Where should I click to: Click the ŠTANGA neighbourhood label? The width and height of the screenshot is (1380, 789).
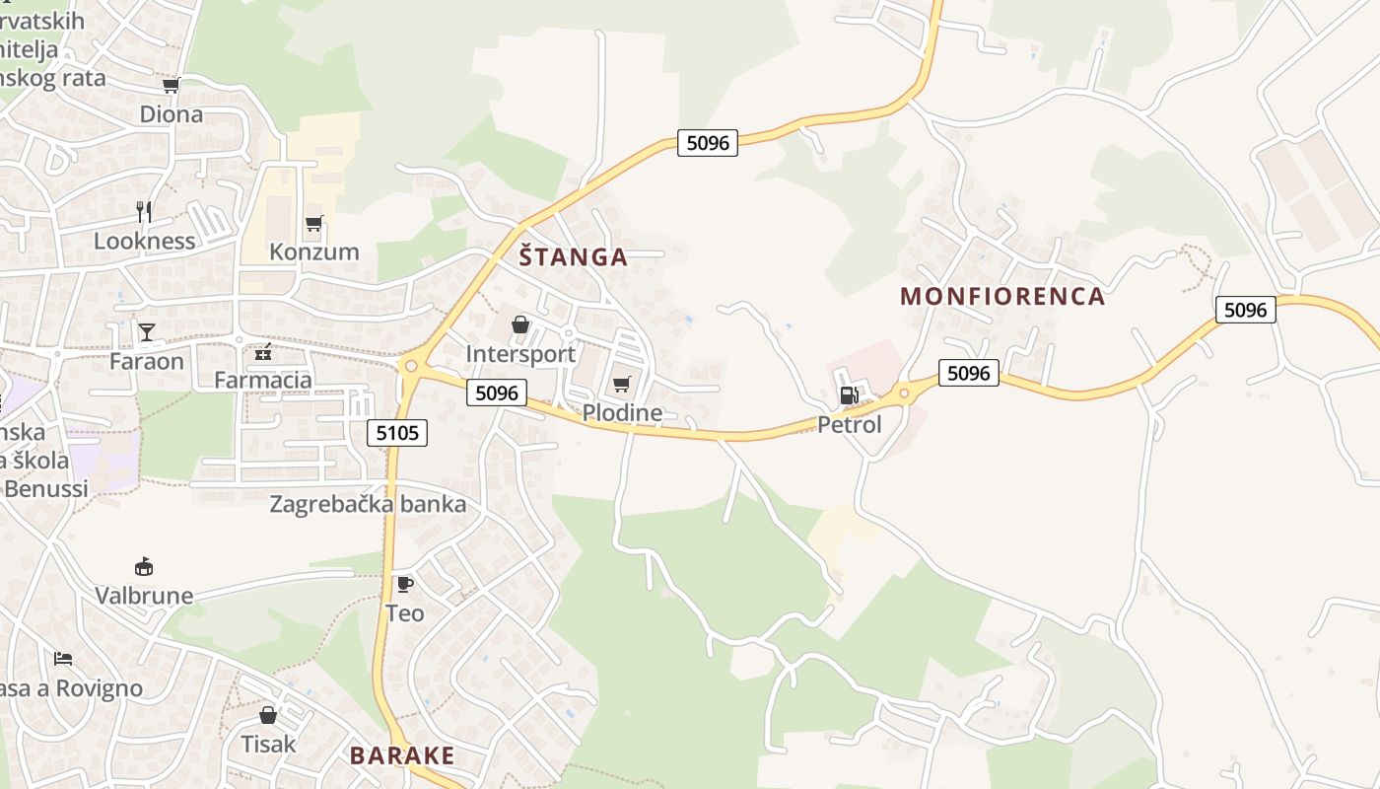(573, 257)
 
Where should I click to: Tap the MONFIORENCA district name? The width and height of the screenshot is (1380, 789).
(1002, 296)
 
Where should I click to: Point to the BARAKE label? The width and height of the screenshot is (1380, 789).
(402, 756)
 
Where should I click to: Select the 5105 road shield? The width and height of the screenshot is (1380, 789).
(397, 432)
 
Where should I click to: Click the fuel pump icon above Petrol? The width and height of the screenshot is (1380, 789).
(848, 395)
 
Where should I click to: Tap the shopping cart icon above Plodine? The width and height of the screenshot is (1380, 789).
(621, 384)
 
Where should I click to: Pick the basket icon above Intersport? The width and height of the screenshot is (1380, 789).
(520, 324)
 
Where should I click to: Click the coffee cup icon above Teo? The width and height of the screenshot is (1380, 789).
(404, 584)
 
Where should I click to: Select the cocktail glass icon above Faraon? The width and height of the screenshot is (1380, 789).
(147, 331)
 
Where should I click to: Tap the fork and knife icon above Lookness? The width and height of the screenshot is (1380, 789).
(144, 211)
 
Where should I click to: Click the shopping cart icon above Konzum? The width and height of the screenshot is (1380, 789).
(313, 223)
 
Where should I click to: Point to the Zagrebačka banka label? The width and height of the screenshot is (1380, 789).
(368, 504)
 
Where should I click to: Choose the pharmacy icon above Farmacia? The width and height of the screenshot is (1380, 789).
(262, 351)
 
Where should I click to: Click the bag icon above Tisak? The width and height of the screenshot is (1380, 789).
(268, 714)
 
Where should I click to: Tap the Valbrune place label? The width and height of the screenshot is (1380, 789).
(144, 596)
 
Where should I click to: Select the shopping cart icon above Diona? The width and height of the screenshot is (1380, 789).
(172, 86)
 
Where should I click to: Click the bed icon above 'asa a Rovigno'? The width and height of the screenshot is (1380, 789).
(63, 658)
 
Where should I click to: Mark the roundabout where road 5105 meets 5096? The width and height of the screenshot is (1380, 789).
(411, 366)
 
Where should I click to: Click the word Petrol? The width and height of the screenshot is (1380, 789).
(850, 425)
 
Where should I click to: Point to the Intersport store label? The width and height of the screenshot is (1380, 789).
(520, 354)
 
